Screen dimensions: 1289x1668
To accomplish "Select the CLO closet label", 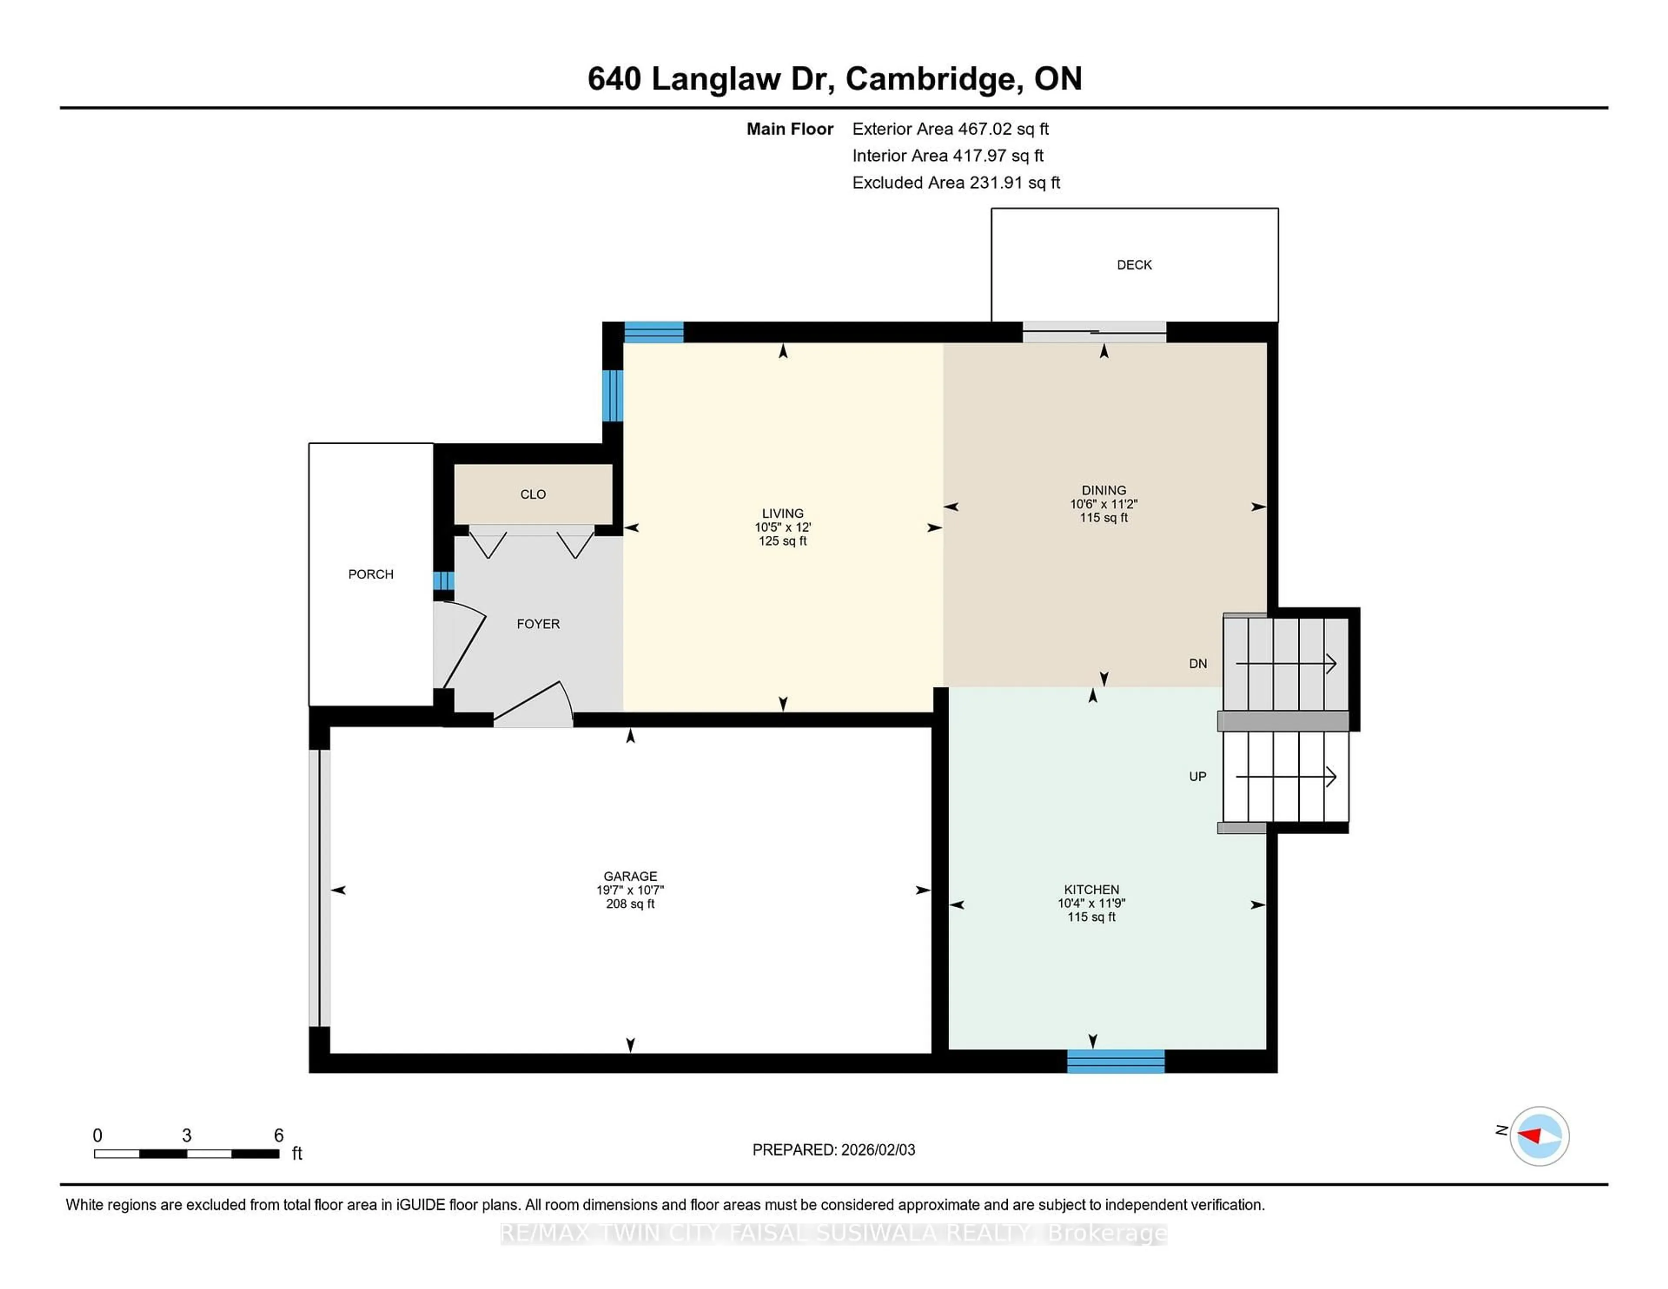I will (x=533, y=495).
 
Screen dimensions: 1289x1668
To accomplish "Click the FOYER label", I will (x=538, y=624).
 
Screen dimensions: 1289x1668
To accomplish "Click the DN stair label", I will (x=1198, y=664).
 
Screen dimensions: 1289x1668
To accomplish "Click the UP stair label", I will (x=1198, y=777).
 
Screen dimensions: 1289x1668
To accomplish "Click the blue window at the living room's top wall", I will (x=654, y=332).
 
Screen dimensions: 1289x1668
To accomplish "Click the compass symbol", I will (x=1539, y=1136).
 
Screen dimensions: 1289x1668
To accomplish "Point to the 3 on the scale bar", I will (x=186, y=1136).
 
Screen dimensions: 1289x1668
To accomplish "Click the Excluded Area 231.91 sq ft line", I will (x=956, y=182).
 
